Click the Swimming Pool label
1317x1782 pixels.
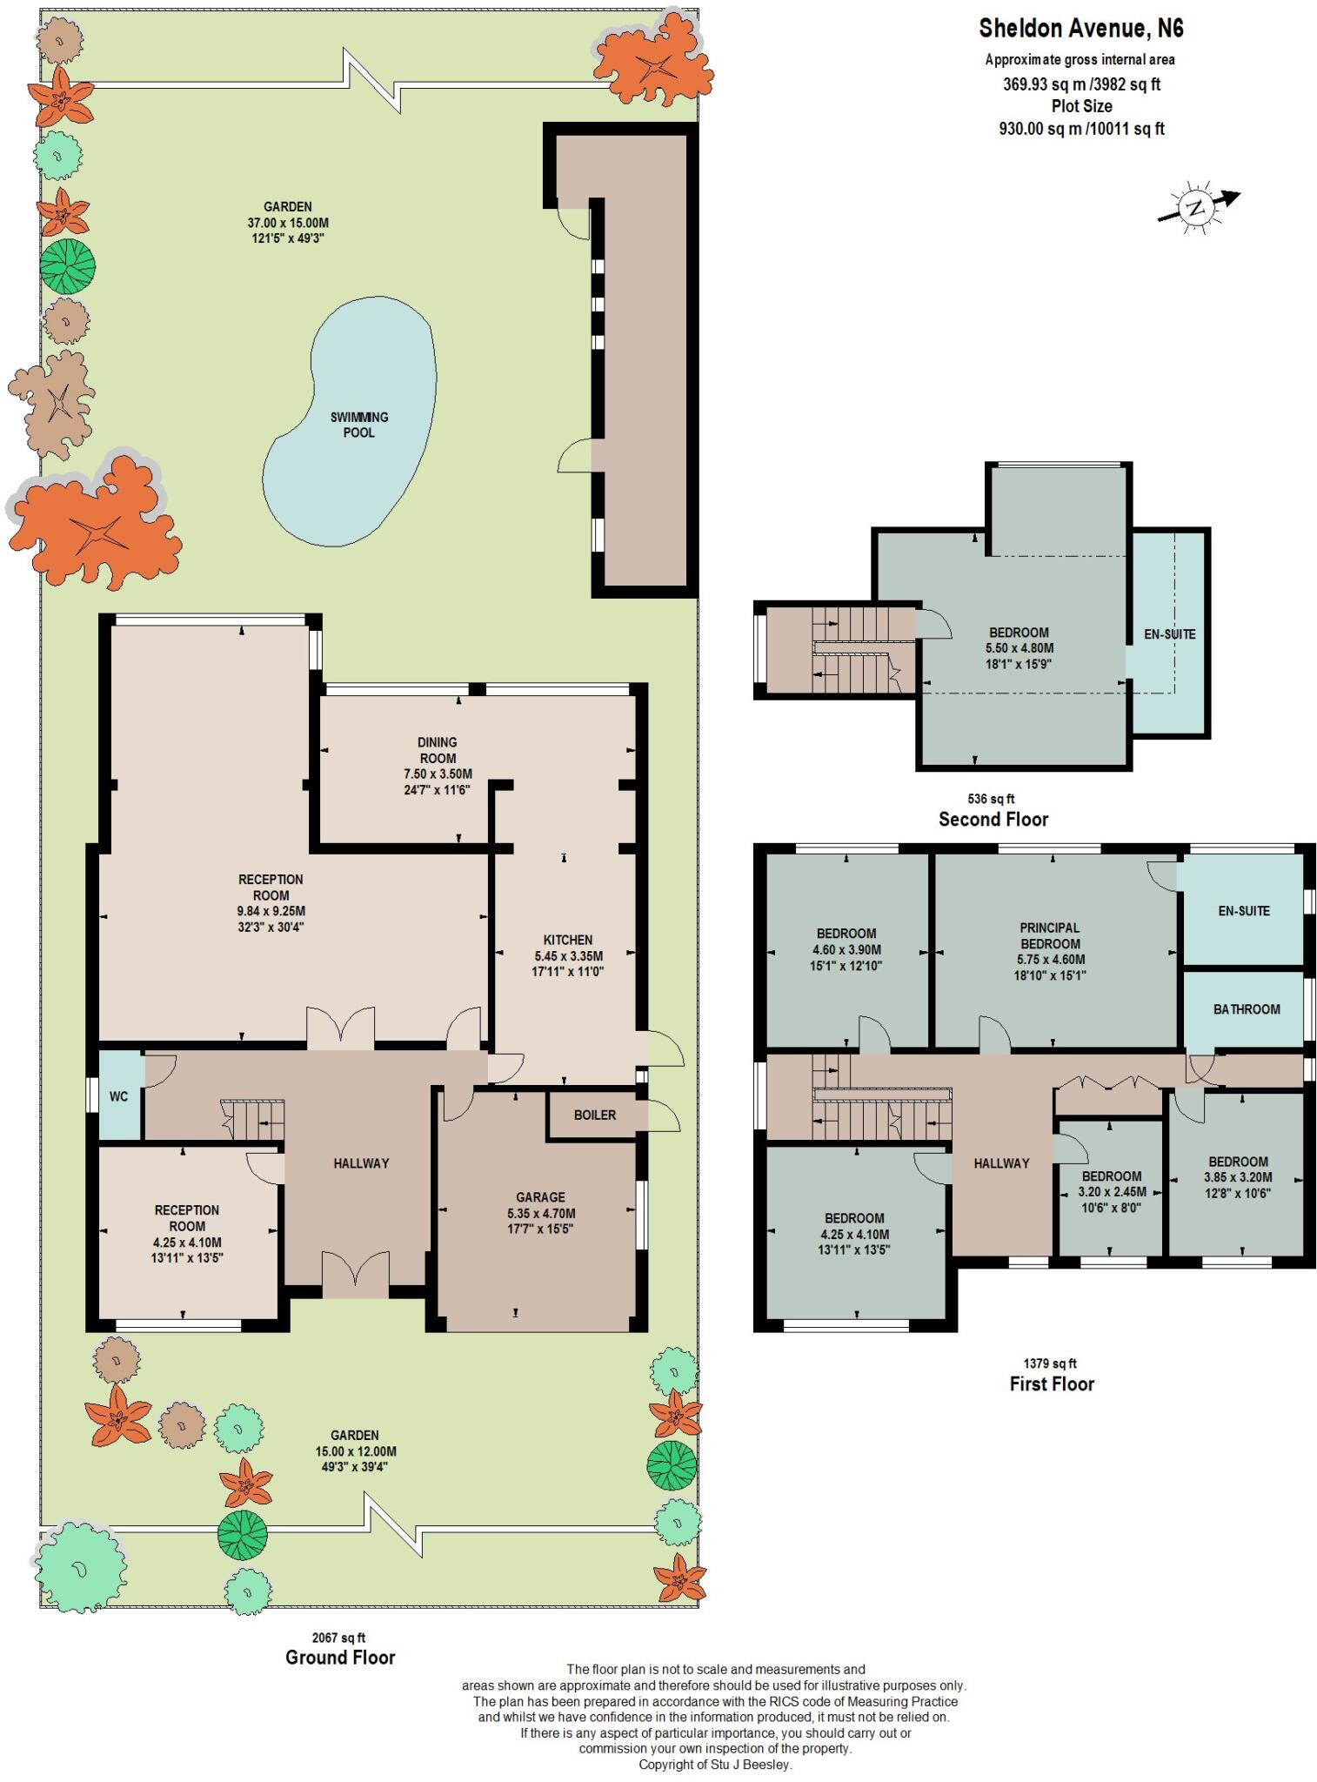[x=358, y=425]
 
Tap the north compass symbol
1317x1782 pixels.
[x=1197, y=207]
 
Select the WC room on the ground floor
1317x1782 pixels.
[x=119, y=1096]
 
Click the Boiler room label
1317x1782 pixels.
[x=595, y=1115]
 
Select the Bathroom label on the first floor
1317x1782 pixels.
[x=1247, y=1009]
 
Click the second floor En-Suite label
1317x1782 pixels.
[x=1169, y=634]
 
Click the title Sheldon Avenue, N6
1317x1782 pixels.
[x=1081, y=29]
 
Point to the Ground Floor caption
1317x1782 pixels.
[x=340, y=1658]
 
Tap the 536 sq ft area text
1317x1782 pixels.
[x=991, y=799]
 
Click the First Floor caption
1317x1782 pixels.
[x=1051, y=1383]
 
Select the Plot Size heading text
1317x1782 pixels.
[x=1081, y=106]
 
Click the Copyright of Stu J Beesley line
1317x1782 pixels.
[x=715, y=1765]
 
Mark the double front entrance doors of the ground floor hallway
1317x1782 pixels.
[x=356, y=1276]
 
